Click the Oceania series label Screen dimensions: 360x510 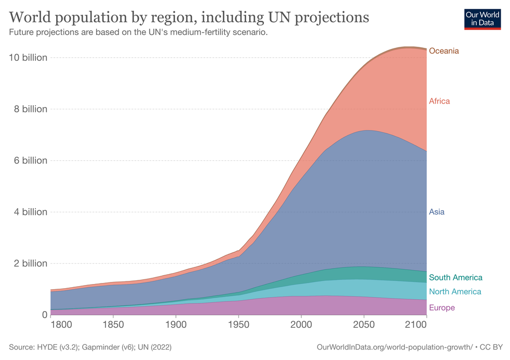[x=444, y=51]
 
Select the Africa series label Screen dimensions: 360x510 [x=439, y=101]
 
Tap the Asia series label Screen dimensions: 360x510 [x=437, y=212]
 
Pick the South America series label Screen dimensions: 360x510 [x=455, y=278]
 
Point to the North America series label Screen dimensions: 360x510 [x=455, y=292]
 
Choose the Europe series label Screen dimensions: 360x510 [x=441, y=308]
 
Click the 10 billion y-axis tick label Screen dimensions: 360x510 [x=29, y=58]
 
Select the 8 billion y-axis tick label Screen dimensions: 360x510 [x=31, y=109]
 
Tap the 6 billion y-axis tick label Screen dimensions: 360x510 [x=31, y=161]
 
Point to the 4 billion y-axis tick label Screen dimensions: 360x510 [x=31, y=212]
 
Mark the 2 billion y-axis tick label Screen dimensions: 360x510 [x=31, y=264]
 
